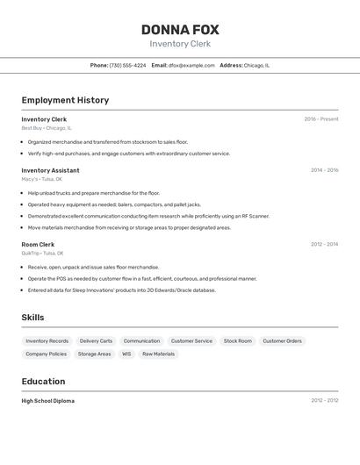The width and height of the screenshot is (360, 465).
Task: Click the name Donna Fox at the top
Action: coord(180,30)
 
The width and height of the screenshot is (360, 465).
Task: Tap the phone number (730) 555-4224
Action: coord(127,65)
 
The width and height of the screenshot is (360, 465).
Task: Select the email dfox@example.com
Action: coord(191,65)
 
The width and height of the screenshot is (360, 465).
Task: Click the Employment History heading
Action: coord(65,100)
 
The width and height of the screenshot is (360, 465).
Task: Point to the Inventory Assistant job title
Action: coord(50,170)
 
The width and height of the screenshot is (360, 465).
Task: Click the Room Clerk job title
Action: coord(38,244)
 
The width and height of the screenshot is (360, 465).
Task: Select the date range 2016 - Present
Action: coord(320,119)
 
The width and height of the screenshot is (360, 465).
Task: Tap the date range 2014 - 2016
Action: coord(324,170)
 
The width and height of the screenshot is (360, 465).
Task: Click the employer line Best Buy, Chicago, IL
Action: coord(47,128)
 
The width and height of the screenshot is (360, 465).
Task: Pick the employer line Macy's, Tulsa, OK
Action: coord(42,179)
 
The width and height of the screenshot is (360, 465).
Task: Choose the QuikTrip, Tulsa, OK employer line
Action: coord(44,253)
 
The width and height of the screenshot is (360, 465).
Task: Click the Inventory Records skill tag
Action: coord(47,340)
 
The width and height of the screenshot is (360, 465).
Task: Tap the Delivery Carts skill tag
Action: coord(96,340)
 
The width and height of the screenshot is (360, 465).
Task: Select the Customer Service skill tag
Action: coord(191,340)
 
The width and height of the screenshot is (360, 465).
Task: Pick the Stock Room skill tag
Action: coord(238,340)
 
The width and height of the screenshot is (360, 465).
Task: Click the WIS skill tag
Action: coord(126,354)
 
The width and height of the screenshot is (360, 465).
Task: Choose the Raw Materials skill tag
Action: coord(159,354)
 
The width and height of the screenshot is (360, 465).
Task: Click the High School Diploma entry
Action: coord(48,401)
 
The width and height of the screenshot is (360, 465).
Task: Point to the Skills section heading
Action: coord(32,318)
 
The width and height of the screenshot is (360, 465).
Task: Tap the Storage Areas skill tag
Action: coord(94,354)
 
